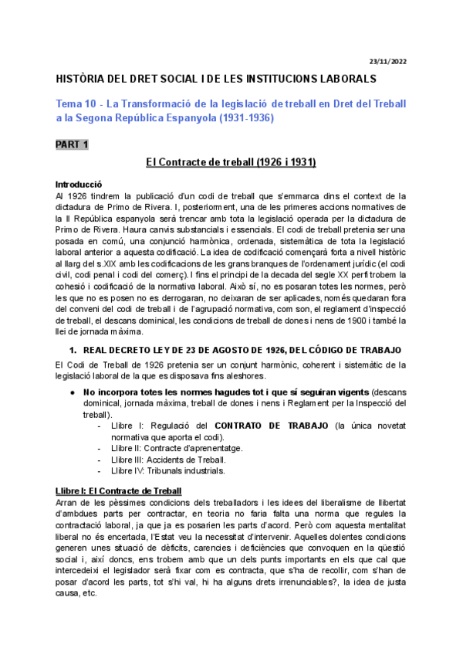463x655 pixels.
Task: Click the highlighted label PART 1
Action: coord(73,144)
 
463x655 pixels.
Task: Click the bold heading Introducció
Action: coord(79,185)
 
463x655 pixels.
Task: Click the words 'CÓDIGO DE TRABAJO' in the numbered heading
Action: coord(333,349)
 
